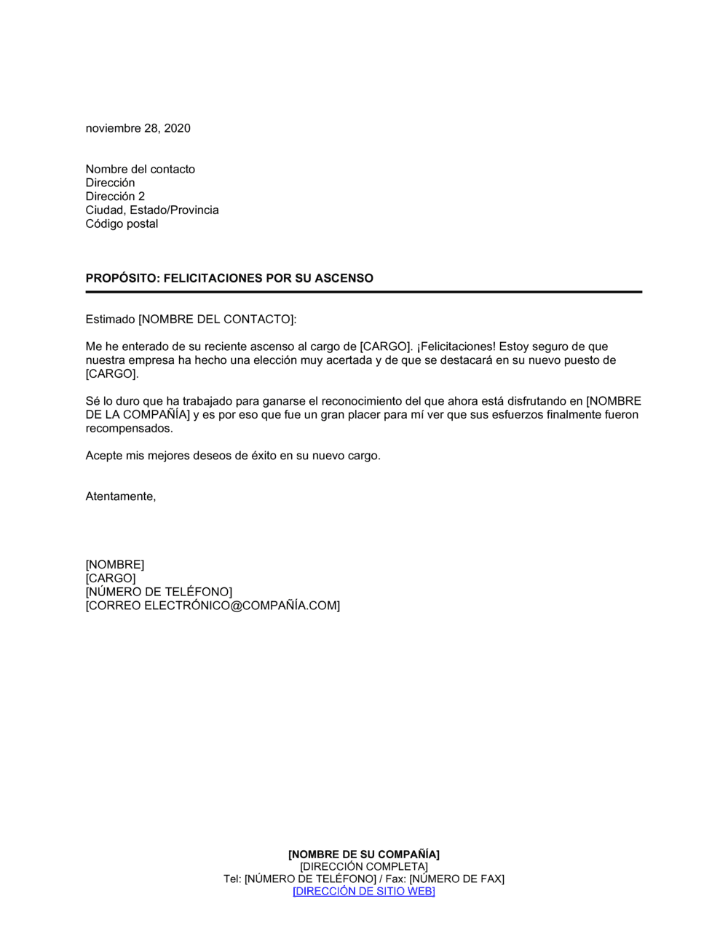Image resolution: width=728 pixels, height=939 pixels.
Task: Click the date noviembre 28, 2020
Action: [138, 128]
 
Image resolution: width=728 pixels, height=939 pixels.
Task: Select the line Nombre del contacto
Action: [140, 169]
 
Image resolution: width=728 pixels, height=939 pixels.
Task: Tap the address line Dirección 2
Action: [115, 197]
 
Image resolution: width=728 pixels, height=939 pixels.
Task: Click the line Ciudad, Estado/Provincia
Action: [151, 210]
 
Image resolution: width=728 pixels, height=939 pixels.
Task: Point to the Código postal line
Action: [122, 224]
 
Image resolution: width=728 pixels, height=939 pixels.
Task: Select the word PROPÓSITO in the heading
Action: [120, 278]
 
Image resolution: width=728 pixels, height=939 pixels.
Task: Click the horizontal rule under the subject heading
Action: [363, 292]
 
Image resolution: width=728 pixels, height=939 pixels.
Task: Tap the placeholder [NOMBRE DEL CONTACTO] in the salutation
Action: [216, 320]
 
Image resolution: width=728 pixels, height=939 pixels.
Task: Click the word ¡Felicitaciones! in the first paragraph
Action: [456, 346]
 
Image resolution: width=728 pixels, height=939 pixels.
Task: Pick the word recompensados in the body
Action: [128, 429]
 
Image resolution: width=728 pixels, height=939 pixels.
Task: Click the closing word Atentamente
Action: [120, 496]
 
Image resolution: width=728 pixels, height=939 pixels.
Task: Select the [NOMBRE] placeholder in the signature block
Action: [114, 565]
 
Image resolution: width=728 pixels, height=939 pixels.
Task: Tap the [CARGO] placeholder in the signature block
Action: [111, 579]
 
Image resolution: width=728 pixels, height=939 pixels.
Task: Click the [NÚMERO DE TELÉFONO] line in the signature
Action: [159, 593]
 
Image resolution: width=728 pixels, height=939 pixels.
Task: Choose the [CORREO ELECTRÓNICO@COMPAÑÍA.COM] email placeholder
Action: [213, 606]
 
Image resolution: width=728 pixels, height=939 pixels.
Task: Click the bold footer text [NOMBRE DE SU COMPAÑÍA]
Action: [363, 855]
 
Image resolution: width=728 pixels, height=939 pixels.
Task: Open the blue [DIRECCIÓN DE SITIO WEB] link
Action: [363, 892]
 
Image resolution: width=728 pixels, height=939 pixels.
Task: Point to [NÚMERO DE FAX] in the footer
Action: [456, 879]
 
